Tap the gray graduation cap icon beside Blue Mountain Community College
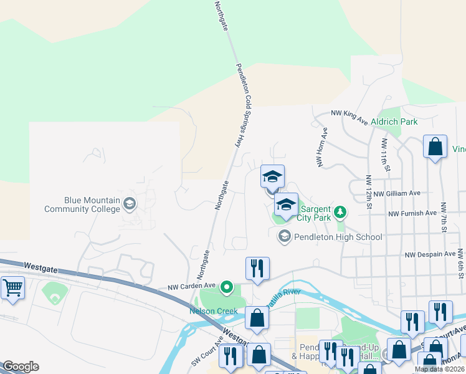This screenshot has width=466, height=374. [130, 203]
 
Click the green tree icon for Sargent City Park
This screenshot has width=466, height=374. [340, 213]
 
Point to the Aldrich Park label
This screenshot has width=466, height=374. [394, 122]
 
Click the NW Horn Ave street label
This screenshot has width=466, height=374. [322, 148]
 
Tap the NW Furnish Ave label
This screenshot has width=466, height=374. [412, 213]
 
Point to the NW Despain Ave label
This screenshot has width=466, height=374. [430, 254]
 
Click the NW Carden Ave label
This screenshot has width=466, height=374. [191, 288]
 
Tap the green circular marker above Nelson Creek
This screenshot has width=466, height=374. [227, 287]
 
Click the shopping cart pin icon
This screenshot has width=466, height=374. [12, 288]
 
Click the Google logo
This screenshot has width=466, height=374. [21, 367]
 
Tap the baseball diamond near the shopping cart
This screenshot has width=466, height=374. [54, 294]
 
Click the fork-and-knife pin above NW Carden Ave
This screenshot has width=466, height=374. [257, 269]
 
